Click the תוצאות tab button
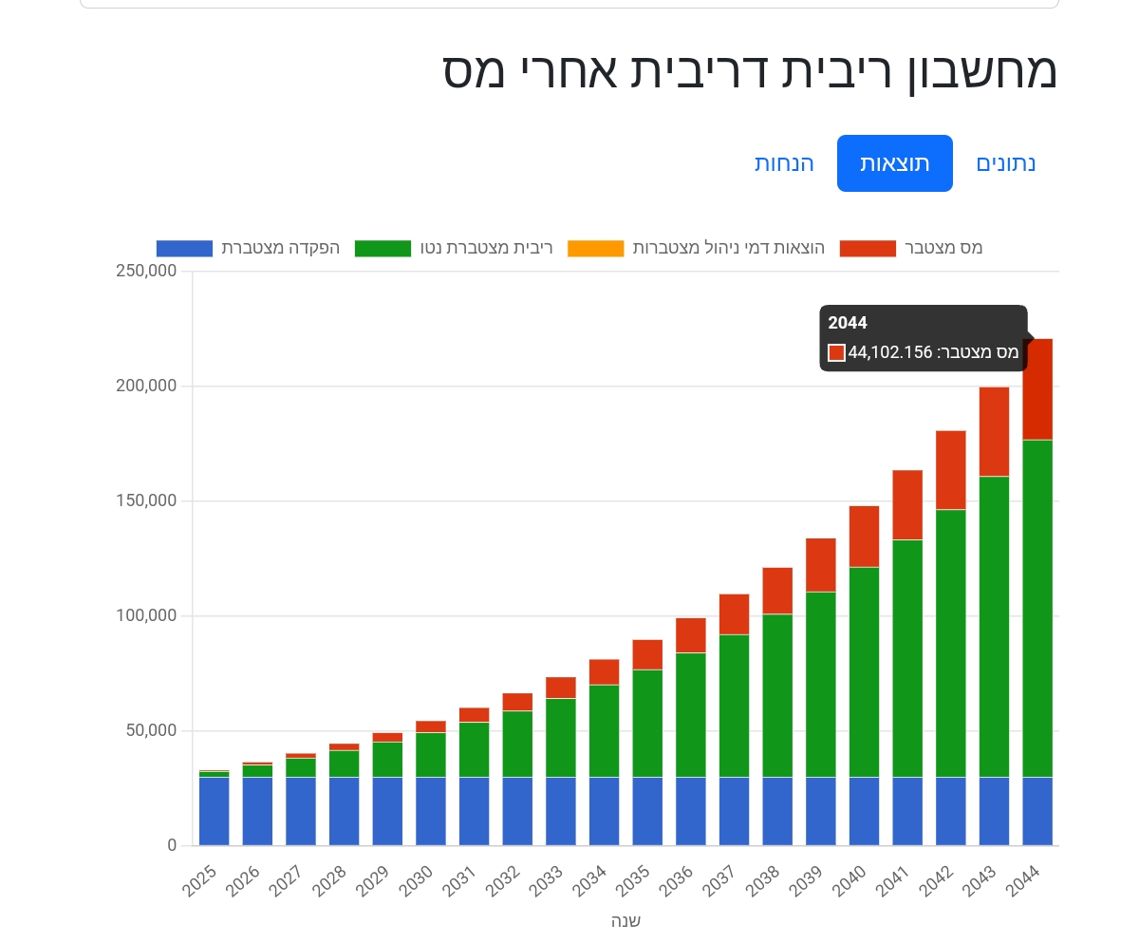coord(894,163)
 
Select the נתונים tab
coord(1005,163)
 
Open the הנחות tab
coord(784,163)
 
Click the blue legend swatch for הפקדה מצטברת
coord(184,249)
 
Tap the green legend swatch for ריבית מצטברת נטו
coord(383,249)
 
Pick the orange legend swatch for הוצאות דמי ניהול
coord(595,249)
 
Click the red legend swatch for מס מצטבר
coord(867,249)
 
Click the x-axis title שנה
coord(626,921)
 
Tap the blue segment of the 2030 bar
coord(430,811)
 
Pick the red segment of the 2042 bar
coord(950,470)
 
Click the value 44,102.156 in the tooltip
coord(890,352)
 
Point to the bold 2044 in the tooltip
coord(848,323)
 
